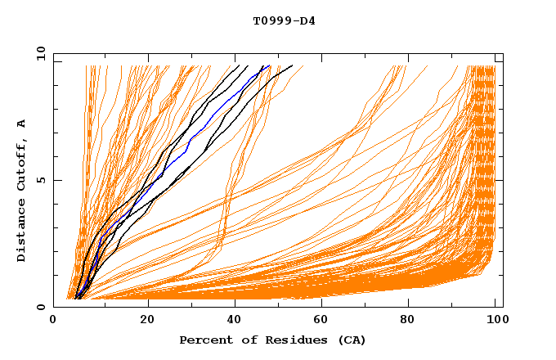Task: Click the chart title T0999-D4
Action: click(284, 20)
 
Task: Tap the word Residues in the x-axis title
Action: click(288, 340)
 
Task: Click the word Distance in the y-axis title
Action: click(22, 232)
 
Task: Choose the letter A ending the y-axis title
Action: click(22, 123)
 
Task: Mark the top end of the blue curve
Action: click(269, 66)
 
